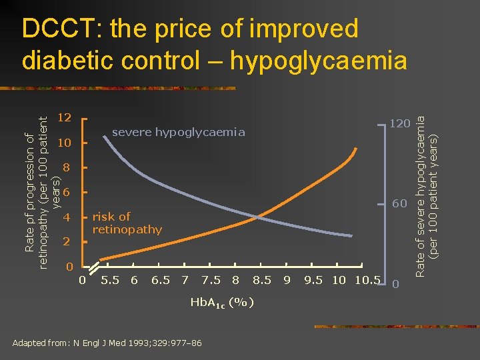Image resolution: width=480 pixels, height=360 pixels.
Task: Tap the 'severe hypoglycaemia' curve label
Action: click(x=178, y=133)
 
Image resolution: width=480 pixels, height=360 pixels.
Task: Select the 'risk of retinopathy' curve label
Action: click(x=127, y=223)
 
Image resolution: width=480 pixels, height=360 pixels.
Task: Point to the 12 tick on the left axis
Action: click(x=65, y=118)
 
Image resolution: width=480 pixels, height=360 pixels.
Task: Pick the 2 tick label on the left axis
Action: click(x=65, y=243)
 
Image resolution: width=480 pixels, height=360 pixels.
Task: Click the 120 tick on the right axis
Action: click(x=399, y=123)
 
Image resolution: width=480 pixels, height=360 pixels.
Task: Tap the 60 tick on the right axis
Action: click(x=399, y=204)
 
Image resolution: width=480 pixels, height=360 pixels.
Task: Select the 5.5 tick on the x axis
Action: click(x=109, y=280)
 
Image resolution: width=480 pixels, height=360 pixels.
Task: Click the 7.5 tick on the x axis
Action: click(x=211, y=280)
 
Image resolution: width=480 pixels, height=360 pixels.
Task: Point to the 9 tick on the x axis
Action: click(x=287, y=280)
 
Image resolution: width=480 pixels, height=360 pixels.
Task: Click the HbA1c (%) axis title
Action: click(x=222, y=303)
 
